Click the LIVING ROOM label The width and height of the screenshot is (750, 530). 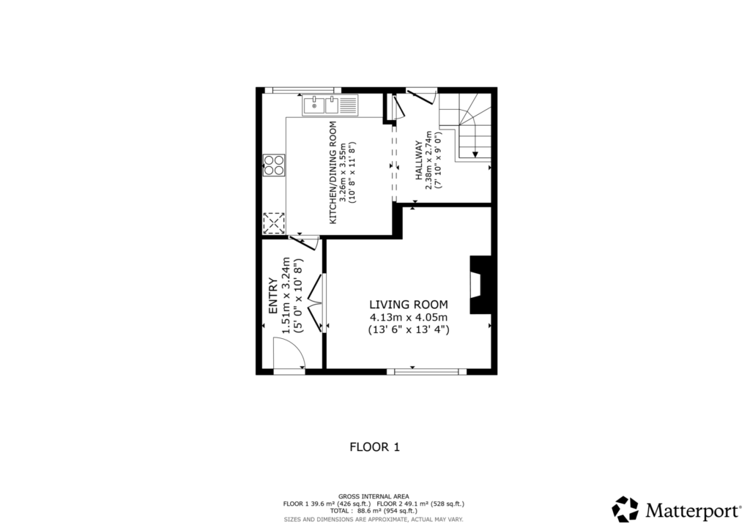click(x=408, y=305)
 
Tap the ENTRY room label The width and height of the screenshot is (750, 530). click(x=273, y=296)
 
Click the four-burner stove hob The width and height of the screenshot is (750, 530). click(x=275, y=165)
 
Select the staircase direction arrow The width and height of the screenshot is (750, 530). click(x=475, y=152)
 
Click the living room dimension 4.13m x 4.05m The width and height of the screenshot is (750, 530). click(x=408, y=317)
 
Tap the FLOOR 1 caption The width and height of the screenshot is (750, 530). click(x=374, y=447)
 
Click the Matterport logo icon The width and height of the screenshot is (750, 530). click(x=625, y=509)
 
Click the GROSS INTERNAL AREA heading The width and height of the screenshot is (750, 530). click(x=374, y=496)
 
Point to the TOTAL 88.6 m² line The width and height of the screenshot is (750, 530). click(x=374, y=512)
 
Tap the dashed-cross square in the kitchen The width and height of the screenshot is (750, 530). click(x=274, y=223)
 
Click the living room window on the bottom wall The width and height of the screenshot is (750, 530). click(x=426, y=372)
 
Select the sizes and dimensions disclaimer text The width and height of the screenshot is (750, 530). click(x=374, y=520)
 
